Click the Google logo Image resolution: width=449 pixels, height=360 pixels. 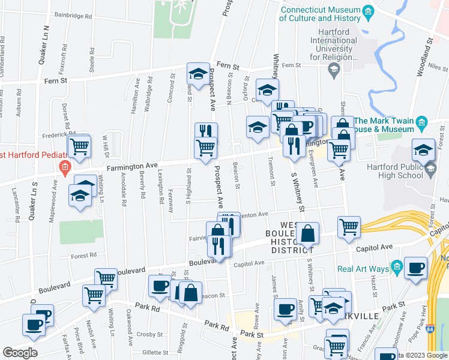(19, 353)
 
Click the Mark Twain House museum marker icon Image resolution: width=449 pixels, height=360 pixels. (422, 124)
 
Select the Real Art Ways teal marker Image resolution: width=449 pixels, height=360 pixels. (396, 266)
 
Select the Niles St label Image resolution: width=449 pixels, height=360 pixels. (430, 67)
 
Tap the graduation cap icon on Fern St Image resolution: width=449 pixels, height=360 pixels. (198, 73)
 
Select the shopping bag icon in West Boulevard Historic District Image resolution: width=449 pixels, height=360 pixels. (307, 233)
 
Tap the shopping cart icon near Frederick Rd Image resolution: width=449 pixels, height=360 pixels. (79, 145)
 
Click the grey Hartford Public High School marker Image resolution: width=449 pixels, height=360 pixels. (430, 172)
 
